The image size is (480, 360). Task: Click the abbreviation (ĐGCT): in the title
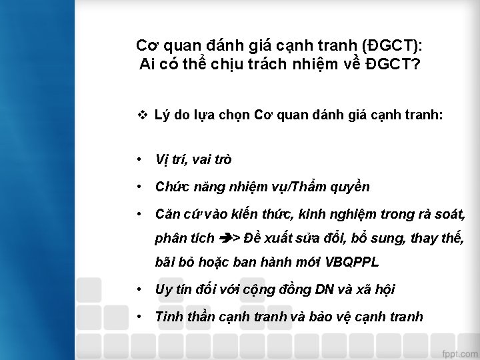[x=393, y=45]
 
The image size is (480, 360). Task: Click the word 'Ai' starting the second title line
[x=148, y=65]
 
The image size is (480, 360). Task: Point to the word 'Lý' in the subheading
[x=161, y=115]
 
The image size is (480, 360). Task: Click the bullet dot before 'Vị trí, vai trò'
[x=137, y=160]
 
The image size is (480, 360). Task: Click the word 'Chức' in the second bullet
[x=171, y=187]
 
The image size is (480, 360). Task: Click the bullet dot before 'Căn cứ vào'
[x=137, y=215]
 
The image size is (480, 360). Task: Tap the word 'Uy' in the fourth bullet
[x=163, y=289]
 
